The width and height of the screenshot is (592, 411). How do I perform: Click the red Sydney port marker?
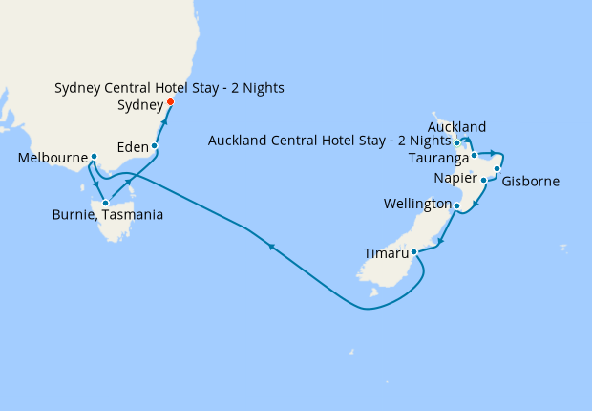click(170, 102)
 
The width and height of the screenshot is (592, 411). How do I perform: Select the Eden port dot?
click(154, 146)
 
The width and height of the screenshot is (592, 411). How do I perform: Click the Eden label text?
click(131, 147)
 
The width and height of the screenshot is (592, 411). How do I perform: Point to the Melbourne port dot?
click(94, 157)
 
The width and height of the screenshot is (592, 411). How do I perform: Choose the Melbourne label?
click(53, 158)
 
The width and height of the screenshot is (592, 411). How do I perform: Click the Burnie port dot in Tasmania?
click(104, 203)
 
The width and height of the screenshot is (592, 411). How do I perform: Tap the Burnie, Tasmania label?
click(107, 215)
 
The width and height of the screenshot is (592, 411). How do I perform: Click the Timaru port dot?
click(413, 253)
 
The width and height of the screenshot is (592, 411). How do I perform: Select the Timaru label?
click(387, 254)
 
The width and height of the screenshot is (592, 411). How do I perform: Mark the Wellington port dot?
click(456, 205)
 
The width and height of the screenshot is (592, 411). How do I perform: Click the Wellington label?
click(417, 205)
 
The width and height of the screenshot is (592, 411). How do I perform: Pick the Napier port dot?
click(483, 180)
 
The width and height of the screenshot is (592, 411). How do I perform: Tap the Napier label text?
click(455, 179)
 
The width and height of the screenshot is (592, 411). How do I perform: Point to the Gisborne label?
click(530, 181)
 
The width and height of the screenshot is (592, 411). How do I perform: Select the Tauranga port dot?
click(474, 154)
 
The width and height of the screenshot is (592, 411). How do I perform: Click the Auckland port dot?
click(457, 142)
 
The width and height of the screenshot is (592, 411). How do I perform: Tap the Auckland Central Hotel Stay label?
click(328, 142)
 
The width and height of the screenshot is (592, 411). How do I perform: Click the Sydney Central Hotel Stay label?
click(169, 88)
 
